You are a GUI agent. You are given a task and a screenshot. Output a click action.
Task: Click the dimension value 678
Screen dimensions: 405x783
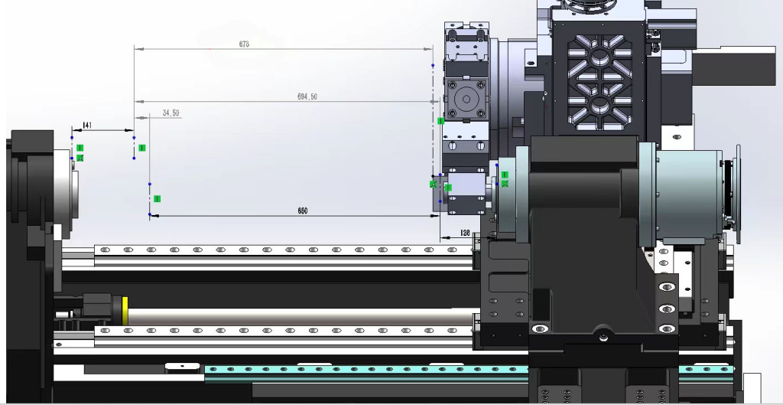pyautogui.click(x=244, y=44)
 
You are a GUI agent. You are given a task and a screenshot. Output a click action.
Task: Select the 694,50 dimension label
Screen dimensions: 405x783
pyautogui.click(x=307, y=96)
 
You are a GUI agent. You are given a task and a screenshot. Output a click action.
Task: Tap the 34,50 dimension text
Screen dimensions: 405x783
pyautogui.click(x=171, y=113)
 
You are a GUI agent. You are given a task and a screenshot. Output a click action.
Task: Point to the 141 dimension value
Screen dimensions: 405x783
pyautogui.click(x=87, y=125)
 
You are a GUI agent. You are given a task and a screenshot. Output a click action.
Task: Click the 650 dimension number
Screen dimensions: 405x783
pyautogui.click(x=303, y=211)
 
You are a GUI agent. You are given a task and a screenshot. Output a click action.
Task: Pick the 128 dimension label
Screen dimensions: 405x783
pyautogui.click(x=465, y=232)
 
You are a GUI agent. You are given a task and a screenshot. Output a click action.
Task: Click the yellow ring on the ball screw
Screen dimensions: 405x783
pyautogui.click(x=124, y=309)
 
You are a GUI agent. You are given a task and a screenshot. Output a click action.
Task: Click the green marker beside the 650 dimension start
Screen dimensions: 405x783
pyautogui.click(x=157, y=198)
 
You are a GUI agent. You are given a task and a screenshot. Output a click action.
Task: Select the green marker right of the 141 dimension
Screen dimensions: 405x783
pyautogui.click(x=142, y=147)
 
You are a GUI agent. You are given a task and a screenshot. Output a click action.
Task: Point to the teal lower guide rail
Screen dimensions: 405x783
pyautogui.click(x=367, y=371)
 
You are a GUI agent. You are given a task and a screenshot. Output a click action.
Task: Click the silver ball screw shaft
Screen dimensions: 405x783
pyautogui.click(x=298, y=315)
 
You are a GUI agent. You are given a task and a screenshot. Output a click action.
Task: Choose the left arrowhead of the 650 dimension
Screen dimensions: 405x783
pyautogui.click(x=154, y=216)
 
